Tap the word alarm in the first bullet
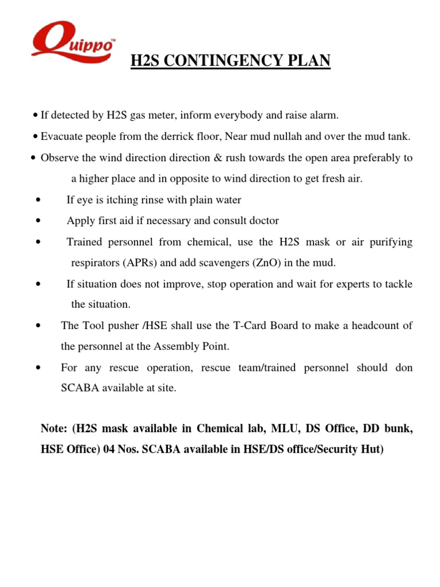(325, 116)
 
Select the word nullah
(286, 136)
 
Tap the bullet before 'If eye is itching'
(37, 201)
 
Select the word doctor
(264, 221)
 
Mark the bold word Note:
(54, 429)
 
